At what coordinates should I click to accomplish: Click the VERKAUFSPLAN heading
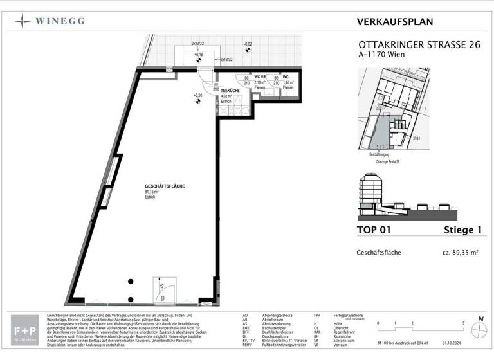394,22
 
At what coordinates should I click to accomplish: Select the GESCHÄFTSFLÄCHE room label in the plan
165,186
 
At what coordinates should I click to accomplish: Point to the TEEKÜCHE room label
231,92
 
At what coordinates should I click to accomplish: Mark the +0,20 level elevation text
197,96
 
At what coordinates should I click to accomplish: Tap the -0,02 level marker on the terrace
247,44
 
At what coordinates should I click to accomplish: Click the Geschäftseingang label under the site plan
381,155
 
